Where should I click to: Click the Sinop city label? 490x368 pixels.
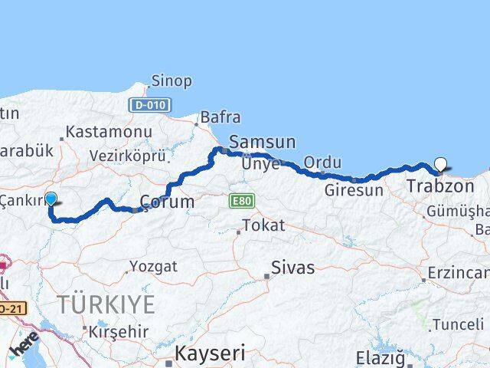point(171,80)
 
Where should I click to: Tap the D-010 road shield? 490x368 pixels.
point(150,104)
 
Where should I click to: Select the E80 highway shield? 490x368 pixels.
point(240,201)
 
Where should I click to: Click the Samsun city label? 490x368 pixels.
point(262,142)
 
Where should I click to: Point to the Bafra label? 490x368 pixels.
point(220,117)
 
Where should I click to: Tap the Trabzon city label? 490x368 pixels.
point(440,186)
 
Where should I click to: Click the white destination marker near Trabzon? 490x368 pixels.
point(441,163)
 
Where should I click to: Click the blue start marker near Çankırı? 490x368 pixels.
point(51,199)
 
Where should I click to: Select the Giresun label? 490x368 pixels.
point(353,189)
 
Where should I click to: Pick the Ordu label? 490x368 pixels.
point(317,163)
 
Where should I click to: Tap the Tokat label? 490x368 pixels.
point(263,226)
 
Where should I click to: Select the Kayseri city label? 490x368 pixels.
point(210,353)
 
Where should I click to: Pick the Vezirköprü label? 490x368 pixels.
point(128,156)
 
